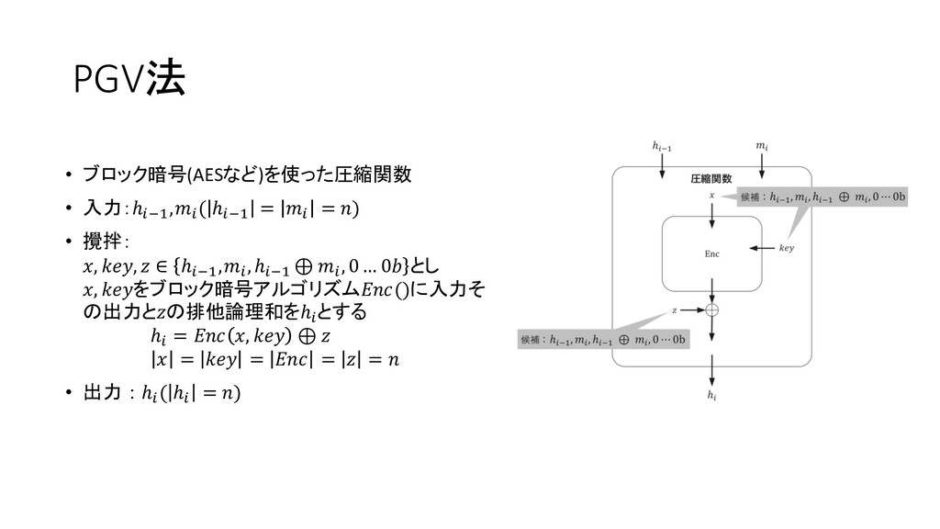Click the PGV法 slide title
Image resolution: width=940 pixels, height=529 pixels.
(x=129, y=82)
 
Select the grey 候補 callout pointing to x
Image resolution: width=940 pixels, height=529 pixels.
(x=822, y=197)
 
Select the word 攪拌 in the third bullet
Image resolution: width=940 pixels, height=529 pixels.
(x=103, y=242)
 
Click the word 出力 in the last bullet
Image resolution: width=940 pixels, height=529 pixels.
(x=103, y=394)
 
